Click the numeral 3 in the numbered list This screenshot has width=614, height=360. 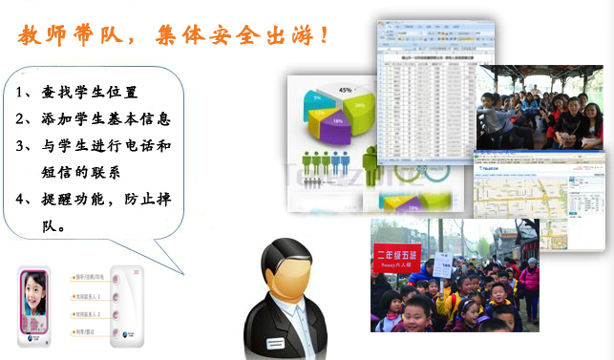point(21,146)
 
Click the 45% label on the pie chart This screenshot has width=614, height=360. point(346,90)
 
